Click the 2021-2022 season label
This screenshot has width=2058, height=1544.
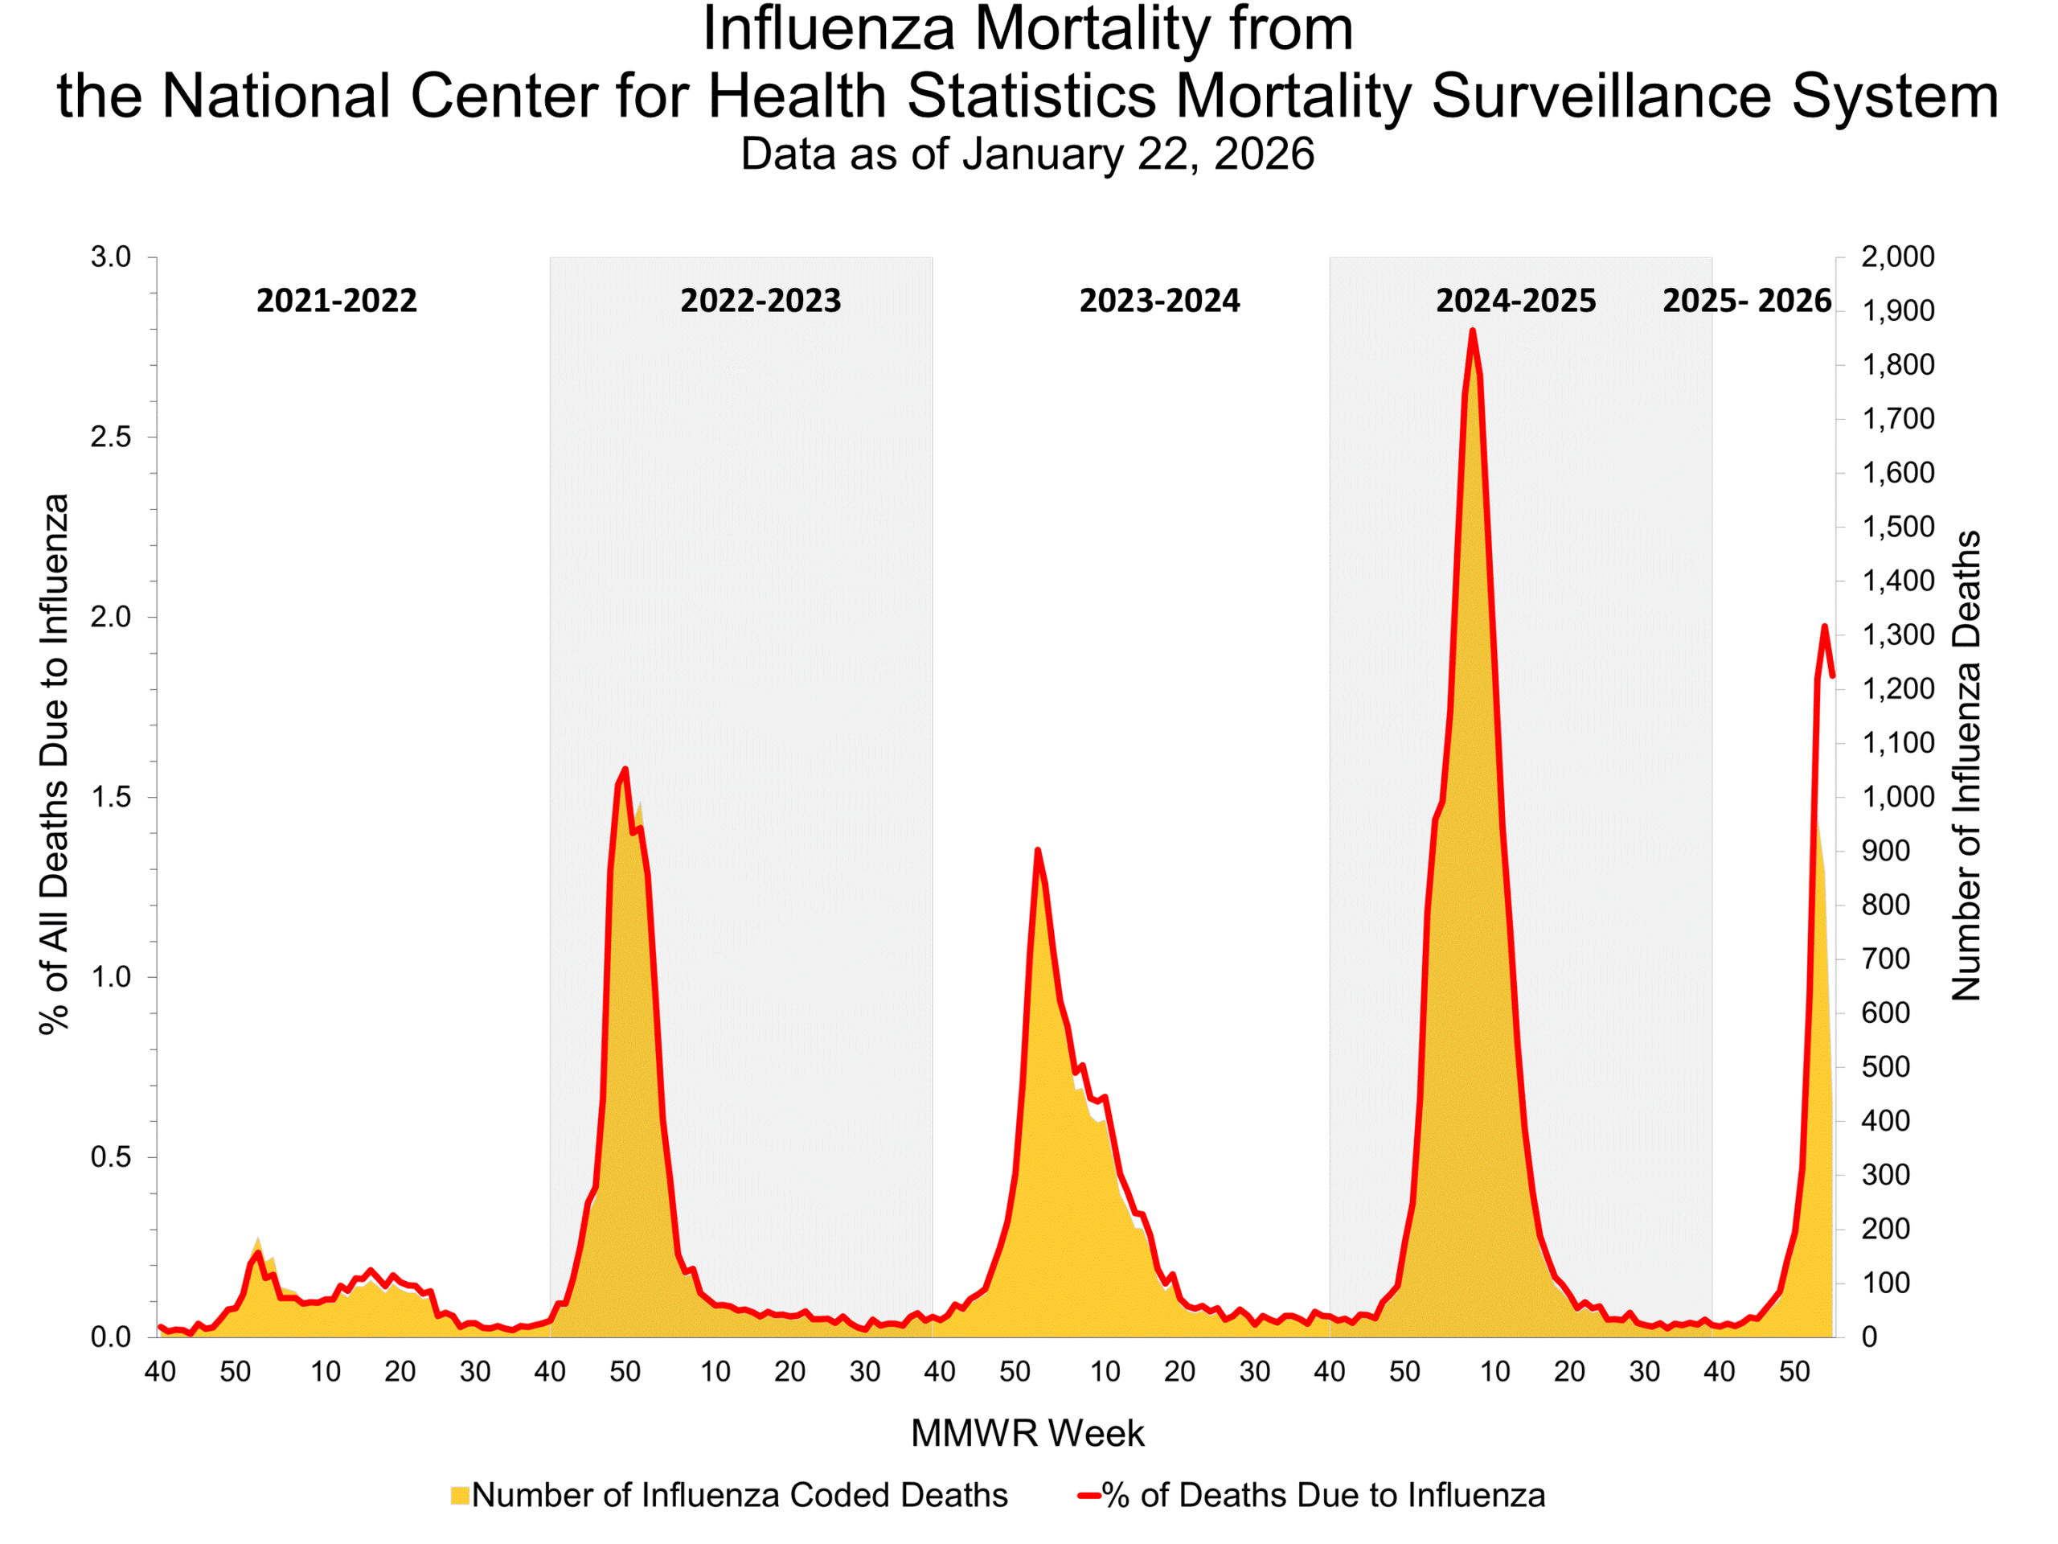point(336,301)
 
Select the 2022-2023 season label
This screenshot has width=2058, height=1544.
point(760,301)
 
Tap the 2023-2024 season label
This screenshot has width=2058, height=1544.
point(1159,301)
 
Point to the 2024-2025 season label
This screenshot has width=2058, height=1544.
point(1515,301)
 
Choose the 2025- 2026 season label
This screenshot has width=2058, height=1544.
point(1746,301)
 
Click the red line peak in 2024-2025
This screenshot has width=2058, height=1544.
point(1472,331)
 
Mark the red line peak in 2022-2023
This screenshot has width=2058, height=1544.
point(625,769)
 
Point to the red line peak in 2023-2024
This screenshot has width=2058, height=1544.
point(1037,850)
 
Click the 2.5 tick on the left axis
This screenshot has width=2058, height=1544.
point(111,437)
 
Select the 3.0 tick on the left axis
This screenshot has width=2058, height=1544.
point(111,257)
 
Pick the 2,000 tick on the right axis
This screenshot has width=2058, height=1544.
point(1897,257)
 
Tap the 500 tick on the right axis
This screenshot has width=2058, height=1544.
point(1885,1066)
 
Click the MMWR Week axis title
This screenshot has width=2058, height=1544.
point(1027,1433)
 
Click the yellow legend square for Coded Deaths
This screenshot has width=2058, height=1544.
point(460,1496)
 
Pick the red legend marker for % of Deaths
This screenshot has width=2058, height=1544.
point(1089,1496)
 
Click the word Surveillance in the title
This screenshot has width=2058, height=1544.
point(1601,96)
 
